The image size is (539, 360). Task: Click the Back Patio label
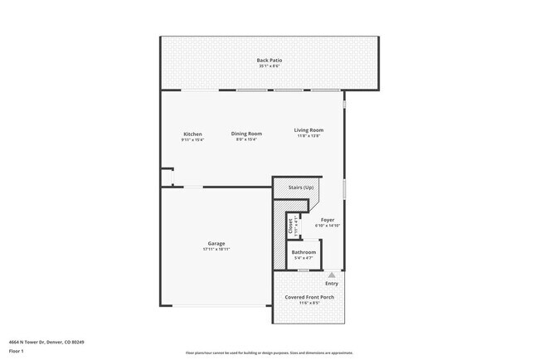click(x=269, y=61)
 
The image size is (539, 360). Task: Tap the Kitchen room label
click(x=192, y=134)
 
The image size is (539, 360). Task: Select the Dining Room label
click(x=246, y=134)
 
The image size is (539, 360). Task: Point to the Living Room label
click(x=308, y=130)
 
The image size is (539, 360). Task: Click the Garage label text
click(x=216, y=243)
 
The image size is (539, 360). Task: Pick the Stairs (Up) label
click(x=300, y=188)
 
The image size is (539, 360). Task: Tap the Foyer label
click(x=328, y=220)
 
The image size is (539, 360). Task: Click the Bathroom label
click(x=303, y=252)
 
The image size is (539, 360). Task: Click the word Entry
click(x=332, y=284)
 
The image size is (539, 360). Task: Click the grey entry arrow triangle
click(x=332, y=274)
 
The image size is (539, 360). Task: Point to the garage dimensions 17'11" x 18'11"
click(x=216, y=249)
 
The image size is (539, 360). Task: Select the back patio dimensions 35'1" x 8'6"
click(x=269, y=66)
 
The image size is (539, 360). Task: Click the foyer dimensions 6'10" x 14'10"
click(x=328, y=226)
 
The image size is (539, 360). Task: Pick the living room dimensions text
click(x=308, y=136)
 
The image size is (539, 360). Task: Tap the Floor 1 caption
click(x=17, y=350)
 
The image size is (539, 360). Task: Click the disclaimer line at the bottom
click(x=269, y=353)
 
